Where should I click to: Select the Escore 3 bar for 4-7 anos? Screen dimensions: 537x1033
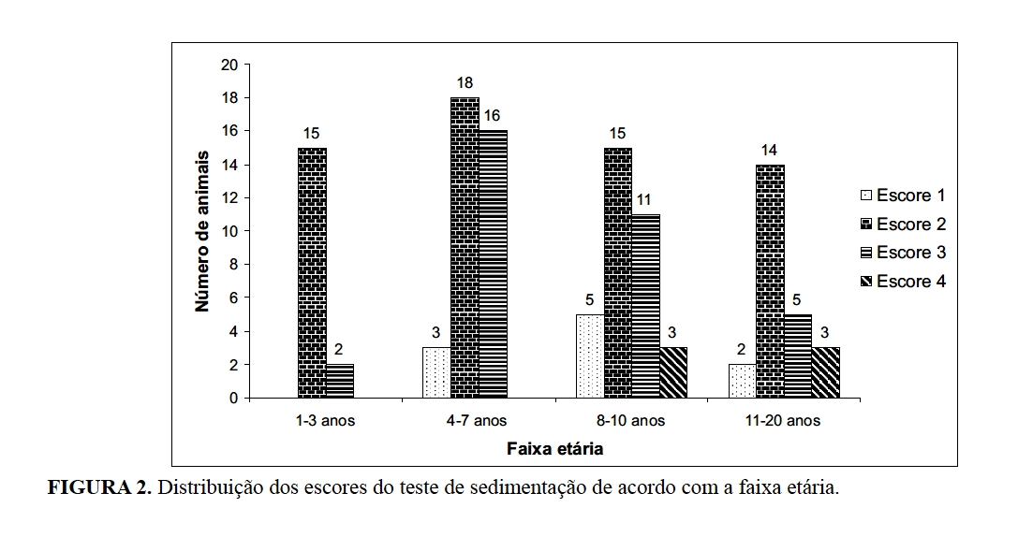(x=493, y=265)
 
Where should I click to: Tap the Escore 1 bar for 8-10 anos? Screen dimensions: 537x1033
(x=590, y=356)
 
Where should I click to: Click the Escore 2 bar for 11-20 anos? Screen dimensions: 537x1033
(x=770, y=282)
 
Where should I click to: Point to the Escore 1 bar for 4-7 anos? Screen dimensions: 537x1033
(x=436, y=372)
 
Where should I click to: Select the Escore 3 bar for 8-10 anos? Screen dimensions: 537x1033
(x=645, y=306)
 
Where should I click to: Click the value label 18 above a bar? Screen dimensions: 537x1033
(x=465, y=82)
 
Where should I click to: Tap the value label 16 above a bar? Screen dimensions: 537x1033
(x=493, y=116)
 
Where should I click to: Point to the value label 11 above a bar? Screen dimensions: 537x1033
(x=645, y=199)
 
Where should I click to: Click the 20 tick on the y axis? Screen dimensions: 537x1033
(x=229, y=65)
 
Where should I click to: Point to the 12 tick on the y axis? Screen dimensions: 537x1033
(x=229, y=198)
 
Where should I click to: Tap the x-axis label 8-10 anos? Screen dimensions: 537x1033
(x=632, y=421)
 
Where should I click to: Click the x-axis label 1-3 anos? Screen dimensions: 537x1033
(x=325, y=421)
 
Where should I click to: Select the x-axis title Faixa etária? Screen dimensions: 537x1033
(x=555, y=448)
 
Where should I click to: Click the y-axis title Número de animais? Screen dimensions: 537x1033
(x=202, y=230)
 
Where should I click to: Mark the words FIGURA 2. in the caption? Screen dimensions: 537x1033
(x=99, y=488)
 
